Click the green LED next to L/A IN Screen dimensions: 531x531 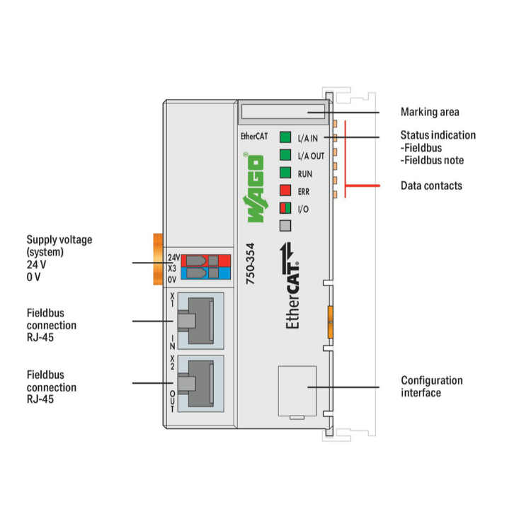[285, 137]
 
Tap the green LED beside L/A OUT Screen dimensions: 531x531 [285, 155]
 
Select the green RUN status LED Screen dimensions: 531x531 [285, 172]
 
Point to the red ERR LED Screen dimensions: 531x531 [285, 190]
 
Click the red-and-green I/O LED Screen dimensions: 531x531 [285, 208]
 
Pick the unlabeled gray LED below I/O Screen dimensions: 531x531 [285, 226]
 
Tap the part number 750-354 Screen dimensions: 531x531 [250, 263]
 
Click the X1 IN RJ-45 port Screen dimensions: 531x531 [200, 321]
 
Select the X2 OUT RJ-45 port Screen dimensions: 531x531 [200, 383]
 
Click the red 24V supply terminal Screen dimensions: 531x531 [205, 261]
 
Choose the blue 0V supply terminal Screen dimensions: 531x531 [205, 273]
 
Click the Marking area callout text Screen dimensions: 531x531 [430, 112]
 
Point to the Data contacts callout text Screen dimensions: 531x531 [431, 185]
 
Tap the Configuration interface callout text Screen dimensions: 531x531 [431, 387]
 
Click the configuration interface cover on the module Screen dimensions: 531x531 [297, 391]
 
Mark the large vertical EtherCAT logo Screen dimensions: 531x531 [290, 285]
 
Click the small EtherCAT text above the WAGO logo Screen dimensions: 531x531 [254, 136]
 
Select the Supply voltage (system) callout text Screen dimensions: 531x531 [59, 246]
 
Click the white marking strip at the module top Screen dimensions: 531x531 [283, 111]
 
